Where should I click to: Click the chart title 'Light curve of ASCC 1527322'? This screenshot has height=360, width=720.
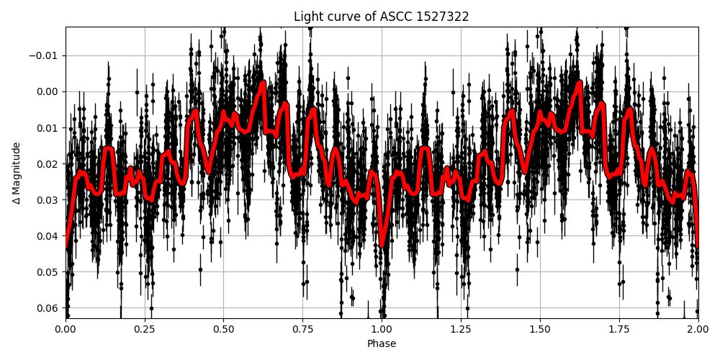(382, 17)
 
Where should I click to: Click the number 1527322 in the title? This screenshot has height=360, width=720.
(442, 17)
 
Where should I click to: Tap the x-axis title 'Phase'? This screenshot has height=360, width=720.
(382, 344)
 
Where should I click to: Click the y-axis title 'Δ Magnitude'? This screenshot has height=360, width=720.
(16, 173)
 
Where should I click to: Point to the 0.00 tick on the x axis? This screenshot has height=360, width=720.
(66, 329)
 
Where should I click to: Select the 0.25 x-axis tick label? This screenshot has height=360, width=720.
(145, 329)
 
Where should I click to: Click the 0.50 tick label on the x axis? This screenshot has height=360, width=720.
(224, 329)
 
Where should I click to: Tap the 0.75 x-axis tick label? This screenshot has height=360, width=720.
(302, 329)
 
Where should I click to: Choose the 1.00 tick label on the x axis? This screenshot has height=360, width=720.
(382, 329)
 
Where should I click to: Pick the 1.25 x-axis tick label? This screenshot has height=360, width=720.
(461, 329)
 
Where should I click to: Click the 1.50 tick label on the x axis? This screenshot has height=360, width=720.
(540, 329)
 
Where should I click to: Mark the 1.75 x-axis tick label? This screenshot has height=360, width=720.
(619, 329)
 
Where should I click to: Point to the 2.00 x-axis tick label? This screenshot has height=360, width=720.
(698, 329)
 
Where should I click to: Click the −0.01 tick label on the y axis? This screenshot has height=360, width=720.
(44, 55)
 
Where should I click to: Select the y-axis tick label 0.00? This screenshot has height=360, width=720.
(48, 91)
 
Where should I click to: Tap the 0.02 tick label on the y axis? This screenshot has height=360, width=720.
(48, 163)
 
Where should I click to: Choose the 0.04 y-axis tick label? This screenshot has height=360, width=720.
(48, 235)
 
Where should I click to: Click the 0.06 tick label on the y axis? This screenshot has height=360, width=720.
(48, 307)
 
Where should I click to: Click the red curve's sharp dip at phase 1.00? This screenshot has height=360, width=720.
(382, 245)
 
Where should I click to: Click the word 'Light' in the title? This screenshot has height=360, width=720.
(307, 17)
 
